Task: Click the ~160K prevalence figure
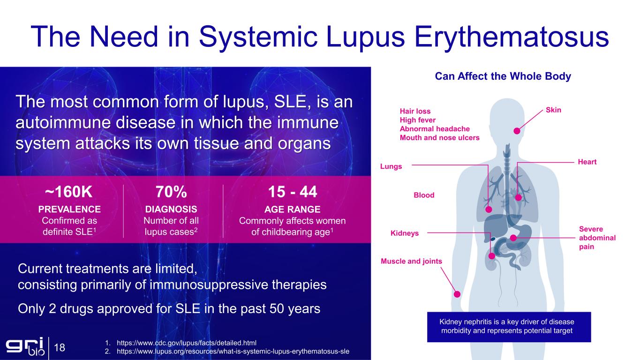(68, 192)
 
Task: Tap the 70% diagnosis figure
(171, 192)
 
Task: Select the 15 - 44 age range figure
(292, 192)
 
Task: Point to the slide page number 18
(60, 347)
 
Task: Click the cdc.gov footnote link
(187, 343)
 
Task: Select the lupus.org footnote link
(233, 351)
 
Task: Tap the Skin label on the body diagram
(553, 110)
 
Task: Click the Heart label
(587, 162)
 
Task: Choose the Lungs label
(391, 166)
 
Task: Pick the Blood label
(424, 195)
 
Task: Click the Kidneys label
(405, 233)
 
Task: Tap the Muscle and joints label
(412, 261)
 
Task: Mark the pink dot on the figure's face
(517, 131)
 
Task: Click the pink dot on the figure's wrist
(457, 294)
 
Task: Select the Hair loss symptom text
(415, 111)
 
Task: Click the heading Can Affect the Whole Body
(503, 76)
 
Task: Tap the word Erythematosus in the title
(512, 37)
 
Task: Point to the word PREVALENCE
(69, 210)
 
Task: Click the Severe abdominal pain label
(597, 238)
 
